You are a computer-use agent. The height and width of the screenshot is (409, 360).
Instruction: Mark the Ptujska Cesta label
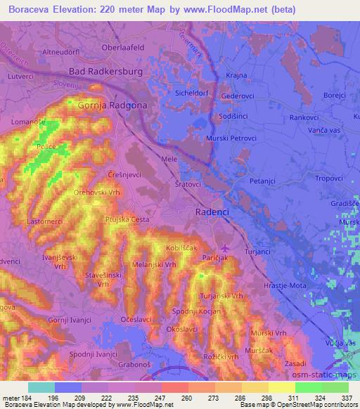coord(127,220)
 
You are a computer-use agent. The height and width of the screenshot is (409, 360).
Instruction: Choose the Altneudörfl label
coord(44,52)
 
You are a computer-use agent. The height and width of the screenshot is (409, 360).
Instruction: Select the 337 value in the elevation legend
coord(345,397)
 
